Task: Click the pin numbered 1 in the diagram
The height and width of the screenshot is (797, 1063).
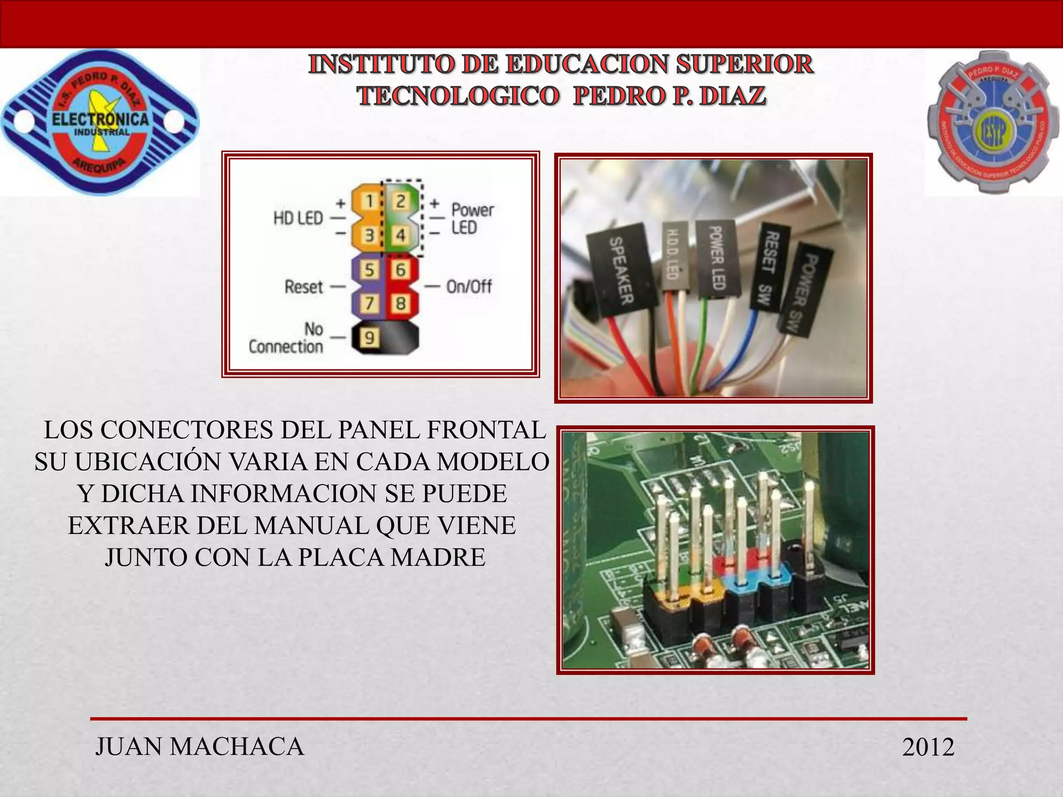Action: tap(369, 201)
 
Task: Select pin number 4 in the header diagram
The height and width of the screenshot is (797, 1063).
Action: tap(401, 235)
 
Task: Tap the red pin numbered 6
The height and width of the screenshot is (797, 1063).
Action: tap(401, 270)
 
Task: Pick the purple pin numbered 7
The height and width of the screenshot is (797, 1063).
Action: tap(369, 303)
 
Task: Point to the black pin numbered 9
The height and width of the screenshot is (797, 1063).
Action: tap(369, 338)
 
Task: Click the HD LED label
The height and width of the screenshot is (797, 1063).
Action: tap(298, 218)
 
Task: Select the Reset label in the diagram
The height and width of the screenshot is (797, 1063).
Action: tap(304, 286)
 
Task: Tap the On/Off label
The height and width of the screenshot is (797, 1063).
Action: tap(469, 286)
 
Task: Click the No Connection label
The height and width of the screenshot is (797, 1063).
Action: tap(286, 338)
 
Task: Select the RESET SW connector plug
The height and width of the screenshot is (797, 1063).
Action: tap(770, 268)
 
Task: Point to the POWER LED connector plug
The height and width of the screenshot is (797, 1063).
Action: tap(716, 258)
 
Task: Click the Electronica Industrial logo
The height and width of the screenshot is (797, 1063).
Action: tap(100, 122)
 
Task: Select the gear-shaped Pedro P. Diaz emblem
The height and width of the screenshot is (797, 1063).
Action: tap(993, 122)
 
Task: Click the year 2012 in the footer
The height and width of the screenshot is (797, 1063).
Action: tap(928, 747)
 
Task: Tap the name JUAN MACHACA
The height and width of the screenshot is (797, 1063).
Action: tap(200, 747)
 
